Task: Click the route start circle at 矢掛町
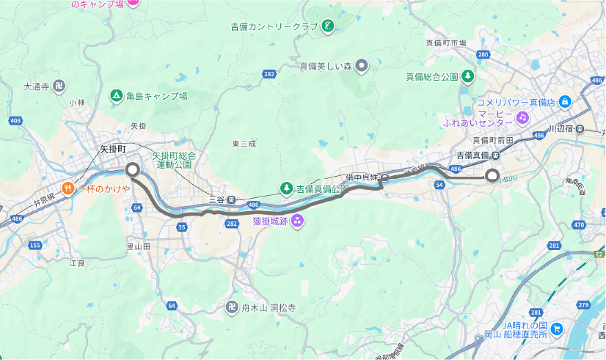(x=133, y=170)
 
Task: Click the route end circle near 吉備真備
(x=492, y=175)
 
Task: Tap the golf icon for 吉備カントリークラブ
(x=328, y=27)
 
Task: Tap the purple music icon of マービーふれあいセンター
(x=522, y=117)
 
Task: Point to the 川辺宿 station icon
(x=580, y=129)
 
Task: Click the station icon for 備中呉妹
(x=384, y=177)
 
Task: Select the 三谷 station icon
(x=231, y=199)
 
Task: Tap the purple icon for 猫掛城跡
(x=297, y=221)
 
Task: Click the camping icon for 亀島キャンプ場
(x=116, y=96)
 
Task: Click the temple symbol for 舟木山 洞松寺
(x=232, y=309)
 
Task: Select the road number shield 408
(x=15, y=120)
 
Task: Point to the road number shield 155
(x=34, y=245)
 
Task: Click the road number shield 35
(x=181, y=227)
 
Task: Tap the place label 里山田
(x=138, y=247)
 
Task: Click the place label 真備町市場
(x=446, y=43)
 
